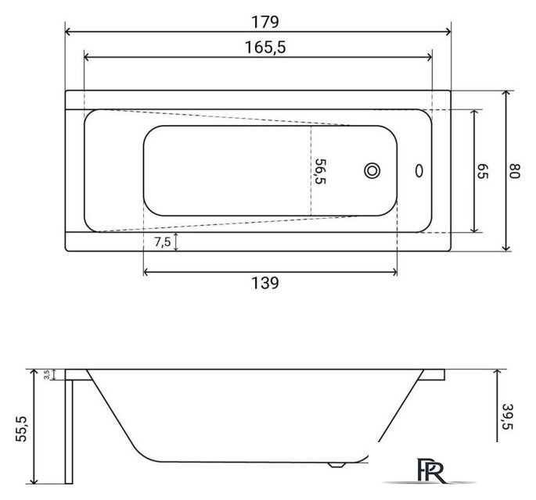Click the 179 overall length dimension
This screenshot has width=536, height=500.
(x=265, y=22)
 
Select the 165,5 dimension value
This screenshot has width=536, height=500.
(x=265, y=48)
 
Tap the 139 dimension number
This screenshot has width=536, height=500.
(x=265, y=283)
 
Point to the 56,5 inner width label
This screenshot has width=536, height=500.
(x=320, y=171)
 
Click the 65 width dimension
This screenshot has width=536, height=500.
(x=483, y=171)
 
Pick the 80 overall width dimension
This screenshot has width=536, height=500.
(x=514, y=171)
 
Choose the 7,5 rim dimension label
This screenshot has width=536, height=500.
(x=162, y=242)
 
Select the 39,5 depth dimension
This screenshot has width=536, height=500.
(x=509, y=416)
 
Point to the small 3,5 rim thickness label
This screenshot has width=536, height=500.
(x=47, y=374)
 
